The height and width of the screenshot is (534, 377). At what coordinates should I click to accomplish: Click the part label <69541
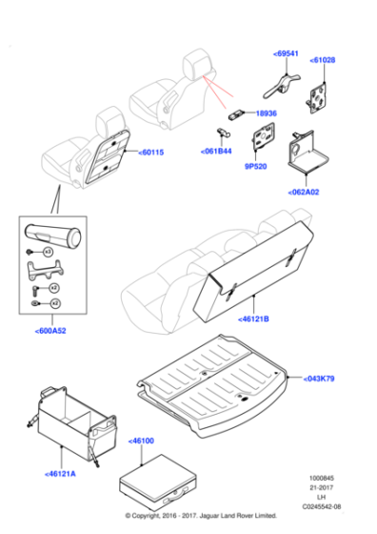pyautogui.click(x=286, y=53)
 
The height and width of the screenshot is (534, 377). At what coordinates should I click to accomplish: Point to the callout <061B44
pyautogui.click(x=215, y=151)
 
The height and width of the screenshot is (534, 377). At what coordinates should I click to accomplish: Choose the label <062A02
pyautogui.click(x=304, y=191)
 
